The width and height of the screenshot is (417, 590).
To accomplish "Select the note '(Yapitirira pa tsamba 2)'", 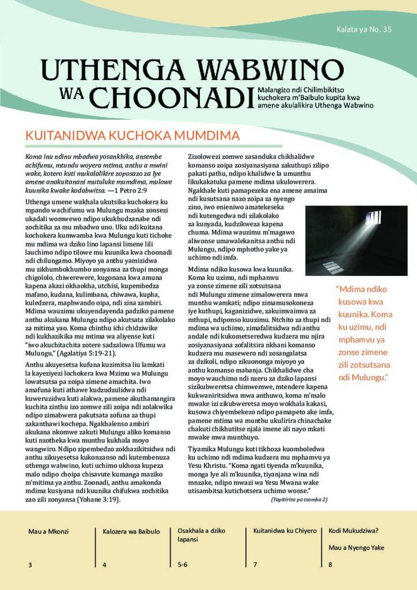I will [x=299, y=500].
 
